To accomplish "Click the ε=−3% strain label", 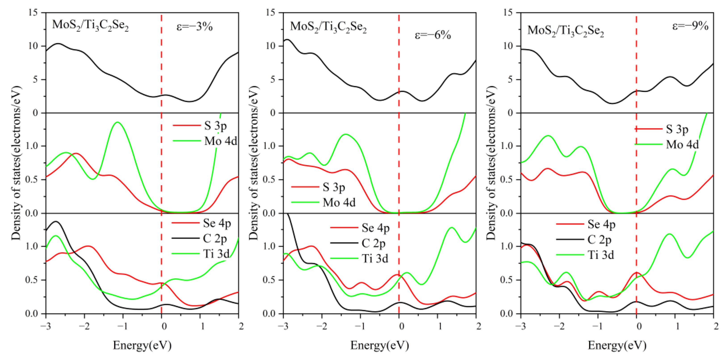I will (x=194, y=27).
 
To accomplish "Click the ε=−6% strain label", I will (x=432, y=35).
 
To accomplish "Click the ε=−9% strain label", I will (x=690, y=26).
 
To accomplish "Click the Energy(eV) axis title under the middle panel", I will (x=380, y=345).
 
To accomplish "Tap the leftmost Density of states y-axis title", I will (x=16, y=163).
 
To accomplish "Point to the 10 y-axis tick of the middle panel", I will (x=271, y=46).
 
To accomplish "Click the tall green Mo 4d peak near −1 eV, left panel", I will (x=117, y=122).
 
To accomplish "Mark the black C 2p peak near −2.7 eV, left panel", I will (x=56, y=222).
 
